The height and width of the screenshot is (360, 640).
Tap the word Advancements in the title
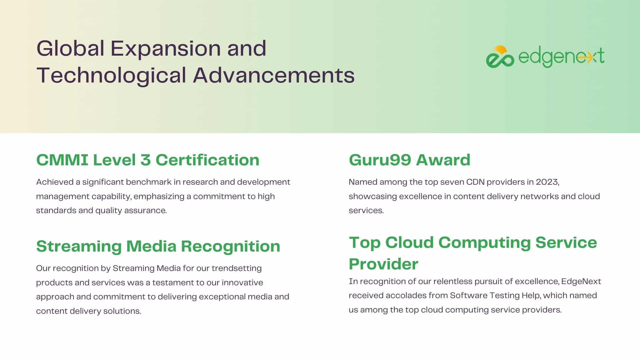pyautogui.click(x=274, y=75)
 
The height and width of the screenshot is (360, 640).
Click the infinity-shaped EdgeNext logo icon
pyautogui.click(x=500, y=57)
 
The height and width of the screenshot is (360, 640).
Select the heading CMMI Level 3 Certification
pyautogui.click(x=148, y=160)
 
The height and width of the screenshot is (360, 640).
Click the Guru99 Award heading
pyautogui.click(x=409, y=160)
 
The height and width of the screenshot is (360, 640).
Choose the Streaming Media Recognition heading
pyautogui.click(x=158, y=246)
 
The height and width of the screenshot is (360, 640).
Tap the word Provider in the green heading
pyautogui.click(x=383, y=264)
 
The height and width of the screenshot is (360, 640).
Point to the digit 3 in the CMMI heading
pyautogui.click(x=146, y=160)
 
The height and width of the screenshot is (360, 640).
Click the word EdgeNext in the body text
pyautogui.click(x=581, y=281)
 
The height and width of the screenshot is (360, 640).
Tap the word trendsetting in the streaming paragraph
pyautogui.click(x=237, y=268)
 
